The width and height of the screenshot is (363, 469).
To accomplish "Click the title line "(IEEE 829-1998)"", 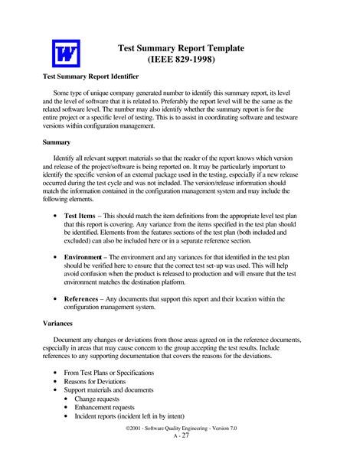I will [181, 59].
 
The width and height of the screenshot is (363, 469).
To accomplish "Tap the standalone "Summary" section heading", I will [57, 142].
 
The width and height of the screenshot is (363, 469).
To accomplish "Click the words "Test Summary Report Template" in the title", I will [181, 47].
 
